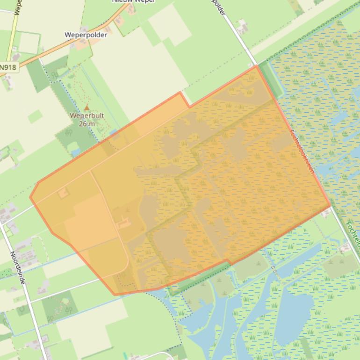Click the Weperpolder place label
pyautogui.click(x=86, y=35)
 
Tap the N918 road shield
pyautogui.click(x=8, y=67)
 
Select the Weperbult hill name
pyautogui.click(x=86, y=115)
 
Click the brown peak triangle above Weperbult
pyautogui.click(x=86, y=108)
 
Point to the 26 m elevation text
pyautogui.click(x=86, y=123)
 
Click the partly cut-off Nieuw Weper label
pyautogui.click(x=133, y=1)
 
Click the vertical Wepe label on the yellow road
pyautogui.click(x=17, y=7)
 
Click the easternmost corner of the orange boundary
pyautogui.click(x=331, y=204)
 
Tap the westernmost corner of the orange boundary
pyautogui.click(x=30, y=197)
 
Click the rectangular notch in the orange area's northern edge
pyautogui.click(x=185, y=99)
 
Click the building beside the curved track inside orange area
pyautogui.click(x=123, y=224)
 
